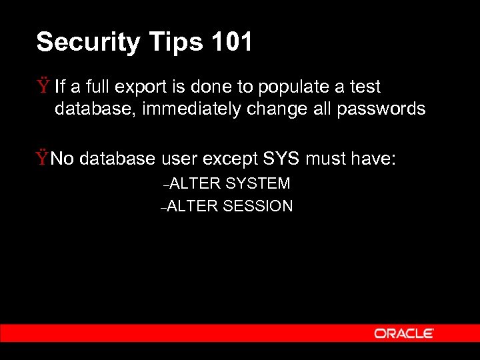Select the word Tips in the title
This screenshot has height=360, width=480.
coord(163,43)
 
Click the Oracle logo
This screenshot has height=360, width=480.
coord(404,333)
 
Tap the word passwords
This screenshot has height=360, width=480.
coord(381,109)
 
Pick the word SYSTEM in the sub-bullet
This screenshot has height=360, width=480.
coord(258,183)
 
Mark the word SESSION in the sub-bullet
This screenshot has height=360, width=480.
coord(258,206)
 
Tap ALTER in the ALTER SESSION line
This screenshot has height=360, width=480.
coord(193,206)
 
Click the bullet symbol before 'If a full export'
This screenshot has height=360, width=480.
coord(43,86)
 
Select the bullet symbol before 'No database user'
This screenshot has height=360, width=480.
coord(43,158)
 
